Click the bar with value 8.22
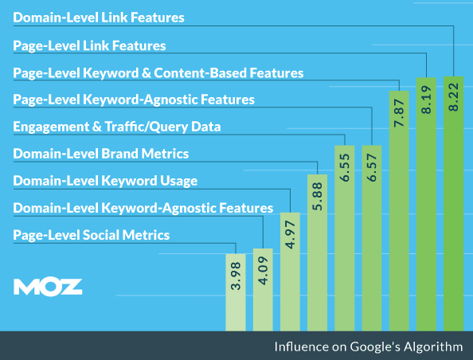pos(453,203)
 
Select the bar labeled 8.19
pos(427,205)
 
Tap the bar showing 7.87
pos(399,211)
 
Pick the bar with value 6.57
pos(372,237)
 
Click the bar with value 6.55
pos(345,237)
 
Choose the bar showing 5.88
pos(317,252)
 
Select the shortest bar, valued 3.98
pos(236,291)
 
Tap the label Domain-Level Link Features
pos(99,17)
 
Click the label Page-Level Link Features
pos(89,45)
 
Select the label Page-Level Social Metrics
pos(92,235)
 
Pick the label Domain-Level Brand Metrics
pos(101,154)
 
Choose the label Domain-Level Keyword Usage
pos(105,181)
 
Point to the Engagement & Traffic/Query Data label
pos(117,127)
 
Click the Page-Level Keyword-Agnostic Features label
pos(134,100)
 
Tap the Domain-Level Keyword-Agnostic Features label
pos(143,208)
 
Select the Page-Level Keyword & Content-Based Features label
pos(158,72)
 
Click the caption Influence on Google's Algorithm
pos(368,346)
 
